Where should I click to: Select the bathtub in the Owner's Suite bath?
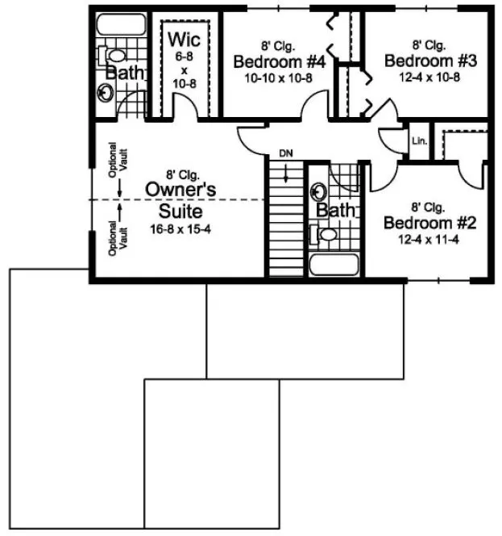point(118,26)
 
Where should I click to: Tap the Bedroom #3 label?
point(420,61)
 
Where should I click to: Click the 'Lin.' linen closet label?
point(419,140)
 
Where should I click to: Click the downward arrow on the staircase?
point(285,172)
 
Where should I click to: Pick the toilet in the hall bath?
point(326,234)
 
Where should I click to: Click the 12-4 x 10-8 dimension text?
point(420,77)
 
